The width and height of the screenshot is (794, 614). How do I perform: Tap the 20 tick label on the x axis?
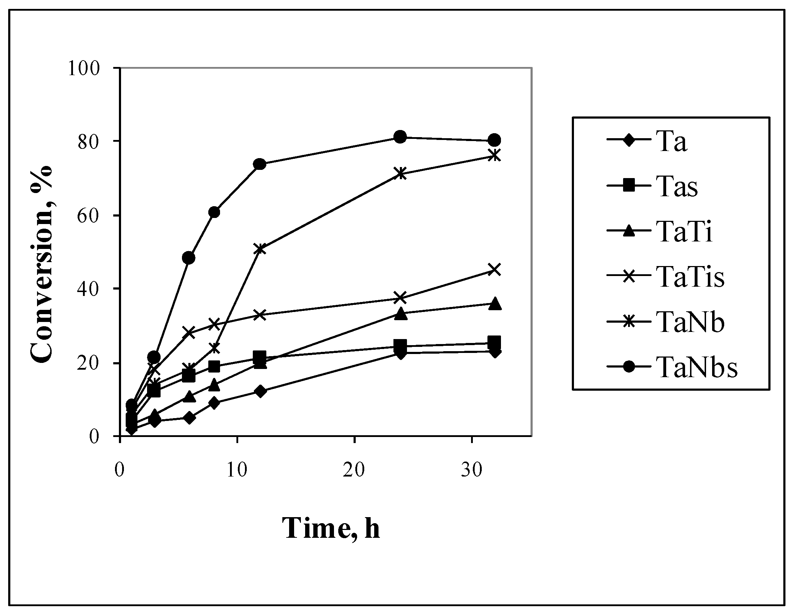tap(354, 470)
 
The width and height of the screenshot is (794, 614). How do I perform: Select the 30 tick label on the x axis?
tap(471, 470)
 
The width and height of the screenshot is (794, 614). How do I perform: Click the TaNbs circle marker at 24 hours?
tap(400, 137)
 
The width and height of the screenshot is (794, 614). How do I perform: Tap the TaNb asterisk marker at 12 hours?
tap(260, 249)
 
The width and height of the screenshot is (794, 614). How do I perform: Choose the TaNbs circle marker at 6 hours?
tap(188, 257)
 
